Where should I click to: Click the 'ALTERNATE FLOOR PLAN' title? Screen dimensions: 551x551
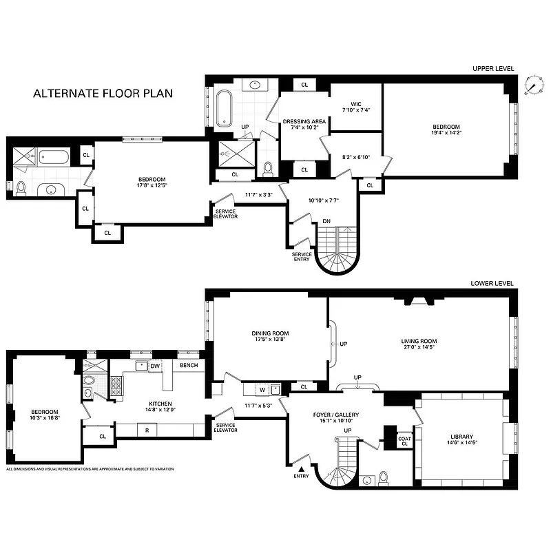pos(103,93)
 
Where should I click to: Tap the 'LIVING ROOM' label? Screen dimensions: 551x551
pos(419,341)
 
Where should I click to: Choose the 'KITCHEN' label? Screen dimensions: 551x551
pos(158,404)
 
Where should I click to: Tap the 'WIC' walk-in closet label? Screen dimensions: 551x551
pos(355,103)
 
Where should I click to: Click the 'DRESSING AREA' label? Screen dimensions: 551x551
pos(303,122)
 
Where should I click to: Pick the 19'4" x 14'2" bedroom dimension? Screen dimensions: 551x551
pos(446,135)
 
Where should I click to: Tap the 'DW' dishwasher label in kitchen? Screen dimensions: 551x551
pos(155,366)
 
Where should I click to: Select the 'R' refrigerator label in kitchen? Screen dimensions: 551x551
pos(147,430)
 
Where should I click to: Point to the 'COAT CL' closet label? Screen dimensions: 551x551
pos(404,441)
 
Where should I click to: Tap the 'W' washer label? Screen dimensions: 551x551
pos(261,391)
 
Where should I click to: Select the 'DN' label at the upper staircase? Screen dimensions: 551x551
pos(327,221)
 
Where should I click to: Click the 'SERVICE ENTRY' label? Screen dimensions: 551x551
pos(302,256)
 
